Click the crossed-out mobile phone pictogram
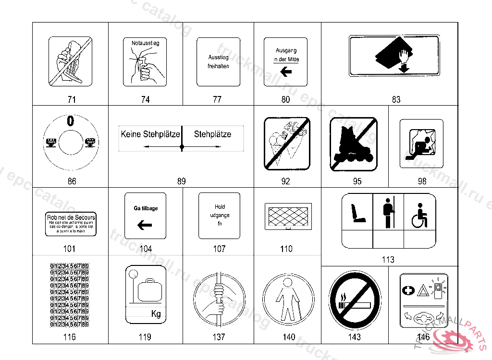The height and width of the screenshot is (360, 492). click(70, 62)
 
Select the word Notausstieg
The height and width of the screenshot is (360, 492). click(145, 43)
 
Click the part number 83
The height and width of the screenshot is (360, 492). click(396, 100)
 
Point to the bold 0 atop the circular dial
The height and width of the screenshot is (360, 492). click(71, 121)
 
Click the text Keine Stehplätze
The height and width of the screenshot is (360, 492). click(150, 134)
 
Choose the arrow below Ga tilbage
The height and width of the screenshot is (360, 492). click(144, 225)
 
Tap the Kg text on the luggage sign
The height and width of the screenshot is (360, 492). click(156, 314)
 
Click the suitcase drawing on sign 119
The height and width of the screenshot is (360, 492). click(150, 290)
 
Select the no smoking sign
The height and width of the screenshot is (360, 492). click(355, 300)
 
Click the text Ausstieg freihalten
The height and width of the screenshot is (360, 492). click(218, 61)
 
